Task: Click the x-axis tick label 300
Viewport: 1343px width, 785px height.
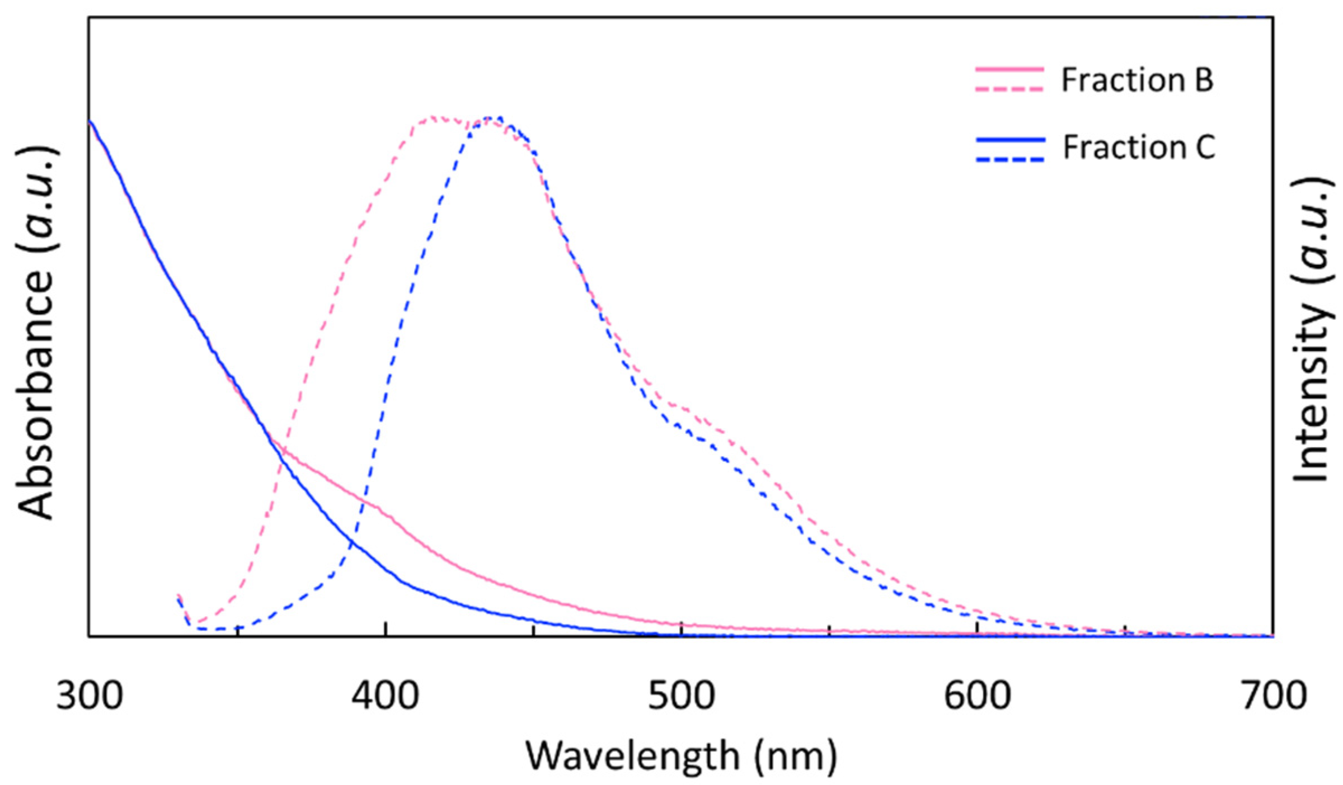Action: pos(90,697)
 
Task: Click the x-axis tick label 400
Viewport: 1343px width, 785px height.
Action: pos(386,697)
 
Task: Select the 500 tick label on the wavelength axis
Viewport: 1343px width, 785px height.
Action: pos(682,697)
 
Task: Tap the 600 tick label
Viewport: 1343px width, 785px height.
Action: pos(978,697)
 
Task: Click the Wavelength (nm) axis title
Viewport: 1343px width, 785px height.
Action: pos(681,756)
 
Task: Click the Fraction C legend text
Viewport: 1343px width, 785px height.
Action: pos(1139,148)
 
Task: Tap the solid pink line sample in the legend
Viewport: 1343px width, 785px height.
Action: pos(1009,70)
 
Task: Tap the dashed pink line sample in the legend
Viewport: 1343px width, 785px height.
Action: pos(1009,89)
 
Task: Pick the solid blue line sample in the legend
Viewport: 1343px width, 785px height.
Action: pos(1010,140)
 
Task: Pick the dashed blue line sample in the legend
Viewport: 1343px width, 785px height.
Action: pos(1010,159)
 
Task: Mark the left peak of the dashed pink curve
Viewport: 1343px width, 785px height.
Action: pos(434,117)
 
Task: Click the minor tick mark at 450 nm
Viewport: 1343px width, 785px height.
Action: pos(534,631)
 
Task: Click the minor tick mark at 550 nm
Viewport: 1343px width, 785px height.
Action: pos(829,631)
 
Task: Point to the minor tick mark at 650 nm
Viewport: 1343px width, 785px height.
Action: pos(1125,631)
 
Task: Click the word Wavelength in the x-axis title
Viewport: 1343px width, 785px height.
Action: pos(632,756)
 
